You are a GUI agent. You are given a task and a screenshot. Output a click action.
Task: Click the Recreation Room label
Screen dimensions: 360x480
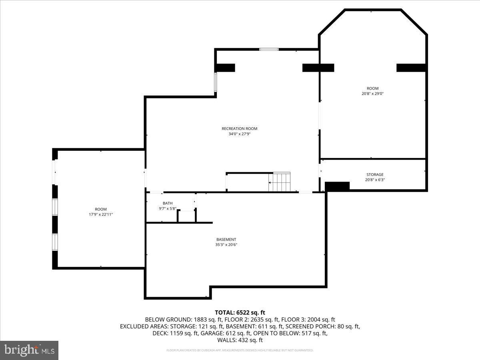click(239, 128)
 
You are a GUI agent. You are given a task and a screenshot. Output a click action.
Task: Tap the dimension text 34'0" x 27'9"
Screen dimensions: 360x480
click(239, 134)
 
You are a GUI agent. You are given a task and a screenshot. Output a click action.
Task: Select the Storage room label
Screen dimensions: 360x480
click(375, 174)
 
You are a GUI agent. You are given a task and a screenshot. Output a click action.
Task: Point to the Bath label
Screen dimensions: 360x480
click(168, 203)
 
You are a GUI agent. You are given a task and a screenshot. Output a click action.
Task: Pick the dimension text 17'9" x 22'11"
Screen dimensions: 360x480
click(101, 215)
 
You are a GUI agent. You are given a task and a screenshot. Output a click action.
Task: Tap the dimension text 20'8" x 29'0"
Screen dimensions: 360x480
click(372, 94)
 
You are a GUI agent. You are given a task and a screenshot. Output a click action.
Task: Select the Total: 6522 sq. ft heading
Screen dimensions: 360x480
click(240, 312)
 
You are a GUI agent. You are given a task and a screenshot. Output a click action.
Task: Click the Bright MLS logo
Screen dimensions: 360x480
click(29, 350)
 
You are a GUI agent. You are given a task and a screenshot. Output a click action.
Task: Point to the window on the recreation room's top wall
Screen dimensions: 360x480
click(269, 49)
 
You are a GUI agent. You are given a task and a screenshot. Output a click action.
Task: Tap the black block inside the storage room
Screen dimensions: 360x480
click(337, 186)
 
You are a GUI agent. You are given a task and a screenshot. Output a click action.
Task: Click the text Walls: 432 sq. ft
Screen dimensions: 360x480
click(240, 340)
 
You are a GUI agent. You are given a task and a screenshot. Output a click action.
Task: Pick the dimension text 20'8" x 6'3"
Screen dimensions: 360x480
click(375, 180)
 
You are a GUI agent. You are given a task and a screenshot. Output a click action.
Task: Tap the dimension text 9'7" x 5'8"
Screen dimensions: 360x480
click(168, 208)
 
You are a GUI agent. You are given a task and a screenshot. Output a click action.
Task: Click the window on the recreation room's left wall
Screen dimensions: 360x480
click(216, 82)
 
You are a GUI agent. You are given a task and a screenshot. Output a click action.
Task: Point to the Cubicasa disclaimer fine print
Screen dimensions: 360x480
click(240, 350)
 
